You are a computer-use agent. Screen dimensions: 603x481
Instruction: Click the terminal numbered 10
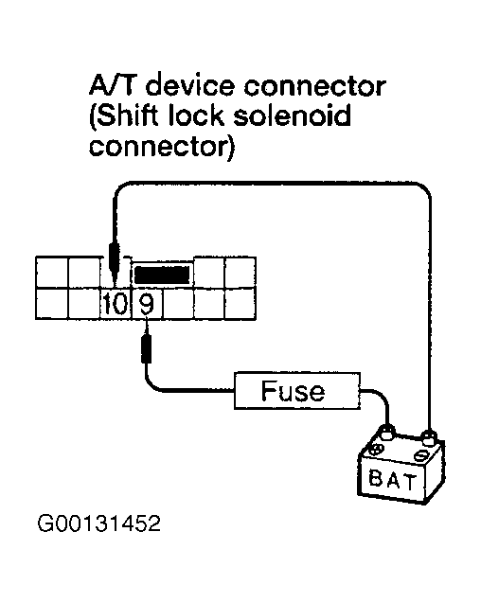click(x=114, y=305)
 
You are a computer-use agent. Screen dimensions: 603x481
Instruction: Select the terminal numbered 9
click(x=145, y=305)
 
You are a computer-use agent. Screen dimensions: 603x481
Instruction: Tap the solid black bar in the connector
click(x=162, y=274)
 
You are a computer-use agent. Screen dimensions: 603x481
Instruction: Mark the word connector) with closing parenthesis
click(x=162, y=151)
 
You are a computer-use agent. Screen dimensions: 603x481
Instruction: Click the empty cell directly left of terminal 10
click(x=82, y=305)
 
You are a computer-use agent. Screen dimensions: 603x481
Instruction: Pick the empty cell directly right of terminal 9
click(x=176, y=305)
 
